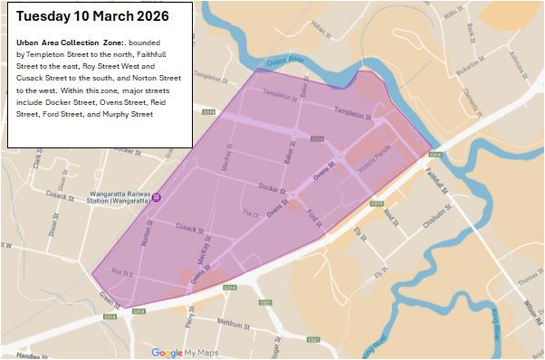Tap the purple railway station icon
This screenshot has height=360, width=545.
[157, 197]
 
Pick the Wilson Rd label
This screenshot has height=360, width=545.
[529, 317]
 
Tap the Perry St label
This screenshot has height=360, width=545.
[190, 315]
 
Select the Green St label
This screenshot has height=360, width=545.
[110, 299]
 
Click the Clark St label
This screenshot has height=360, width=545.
[38, 160]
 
